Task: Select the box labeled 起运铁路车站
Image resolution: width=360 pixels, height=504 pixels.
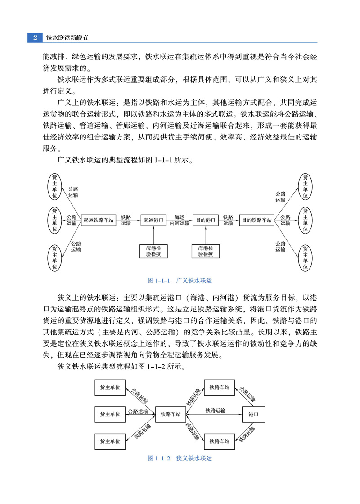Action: coord(99,220)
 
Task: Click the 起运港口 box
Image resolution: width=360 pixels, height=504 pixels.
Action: coord(154,220)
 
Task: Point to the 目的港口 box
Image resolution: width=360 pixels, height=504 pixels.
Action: coord(206,220)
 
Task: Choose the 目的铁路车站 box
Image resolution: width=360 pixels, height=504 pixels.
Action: coord(257,220)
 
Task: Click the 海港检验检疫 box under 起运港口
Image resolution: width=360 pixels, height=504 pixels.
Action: coord(154,251)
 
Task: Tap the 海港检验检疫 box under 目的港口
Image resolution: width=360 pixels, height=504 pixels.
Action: coord(206,251)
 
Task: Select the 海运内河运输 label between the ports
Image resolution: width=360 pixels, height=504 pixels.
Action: coord(180,220)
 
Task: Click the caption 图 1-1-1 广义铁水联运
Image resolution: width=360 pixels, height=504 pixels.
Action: coord(180,280)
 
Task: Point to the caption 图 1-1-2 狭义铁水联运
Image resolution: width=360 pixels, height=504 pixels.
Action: coord(180,458)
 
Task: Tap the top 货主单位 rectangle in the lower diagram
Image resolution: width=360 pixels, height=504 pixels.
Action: coord(110,387)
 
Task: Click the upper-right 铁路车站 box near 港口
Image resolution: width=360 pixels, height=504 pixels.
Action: coord(220,387)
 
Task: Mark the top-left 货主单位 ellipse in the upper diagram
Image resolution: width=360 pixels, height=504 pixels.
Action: coord(55,186)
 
